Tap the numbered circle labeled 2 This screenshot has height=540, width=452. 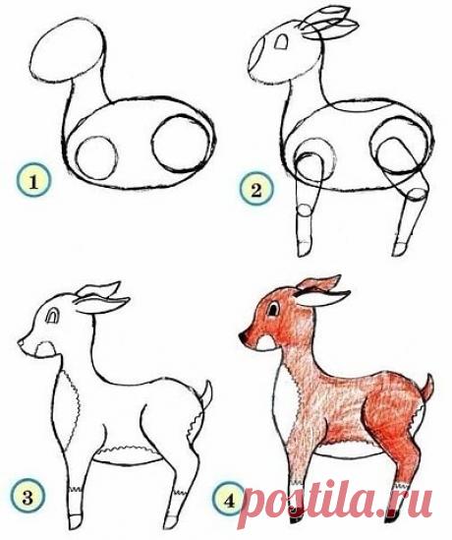pos(256,189)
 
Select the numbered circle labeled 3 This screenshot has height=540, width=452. pos(28,497)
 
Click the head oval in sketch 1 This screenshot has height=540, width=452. pos(67,50)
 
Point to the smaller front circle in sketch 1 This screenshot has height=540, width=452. pos(96,157)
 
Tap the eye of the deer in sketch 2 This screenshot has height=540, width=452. pos(282,41)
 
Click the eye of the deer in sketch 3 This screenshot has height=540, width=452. pos(53,316)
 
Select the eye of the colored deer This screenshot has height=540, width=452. pos(274,309)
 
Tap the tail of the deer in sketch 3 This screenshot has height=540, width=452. pos(206,394)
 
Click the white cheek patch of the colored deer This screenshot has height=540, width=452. pos(265,342)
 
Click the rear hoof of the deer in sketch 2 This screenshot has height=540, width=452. pos(399,249)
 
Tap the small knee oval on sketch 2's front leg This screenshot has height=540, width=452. pos(305,210)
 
